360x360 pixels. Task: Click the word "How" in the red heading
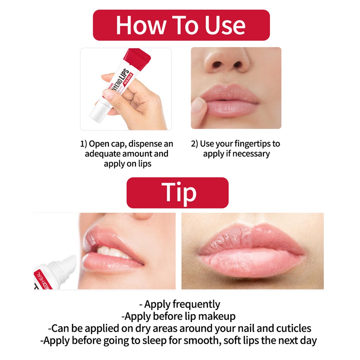[x=141, y=25]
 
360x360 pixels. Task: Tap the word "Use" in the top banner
[x=225, y=25]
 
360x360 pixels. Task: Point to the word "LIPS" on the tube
[x=125, y=76]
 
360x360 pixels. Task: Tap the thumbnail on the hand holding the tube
[x=108, y=94]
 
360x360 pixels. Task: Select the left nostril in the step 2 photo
[x=217, y=65]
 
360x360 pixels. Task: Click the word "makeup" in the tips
[x=217, y=317]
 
